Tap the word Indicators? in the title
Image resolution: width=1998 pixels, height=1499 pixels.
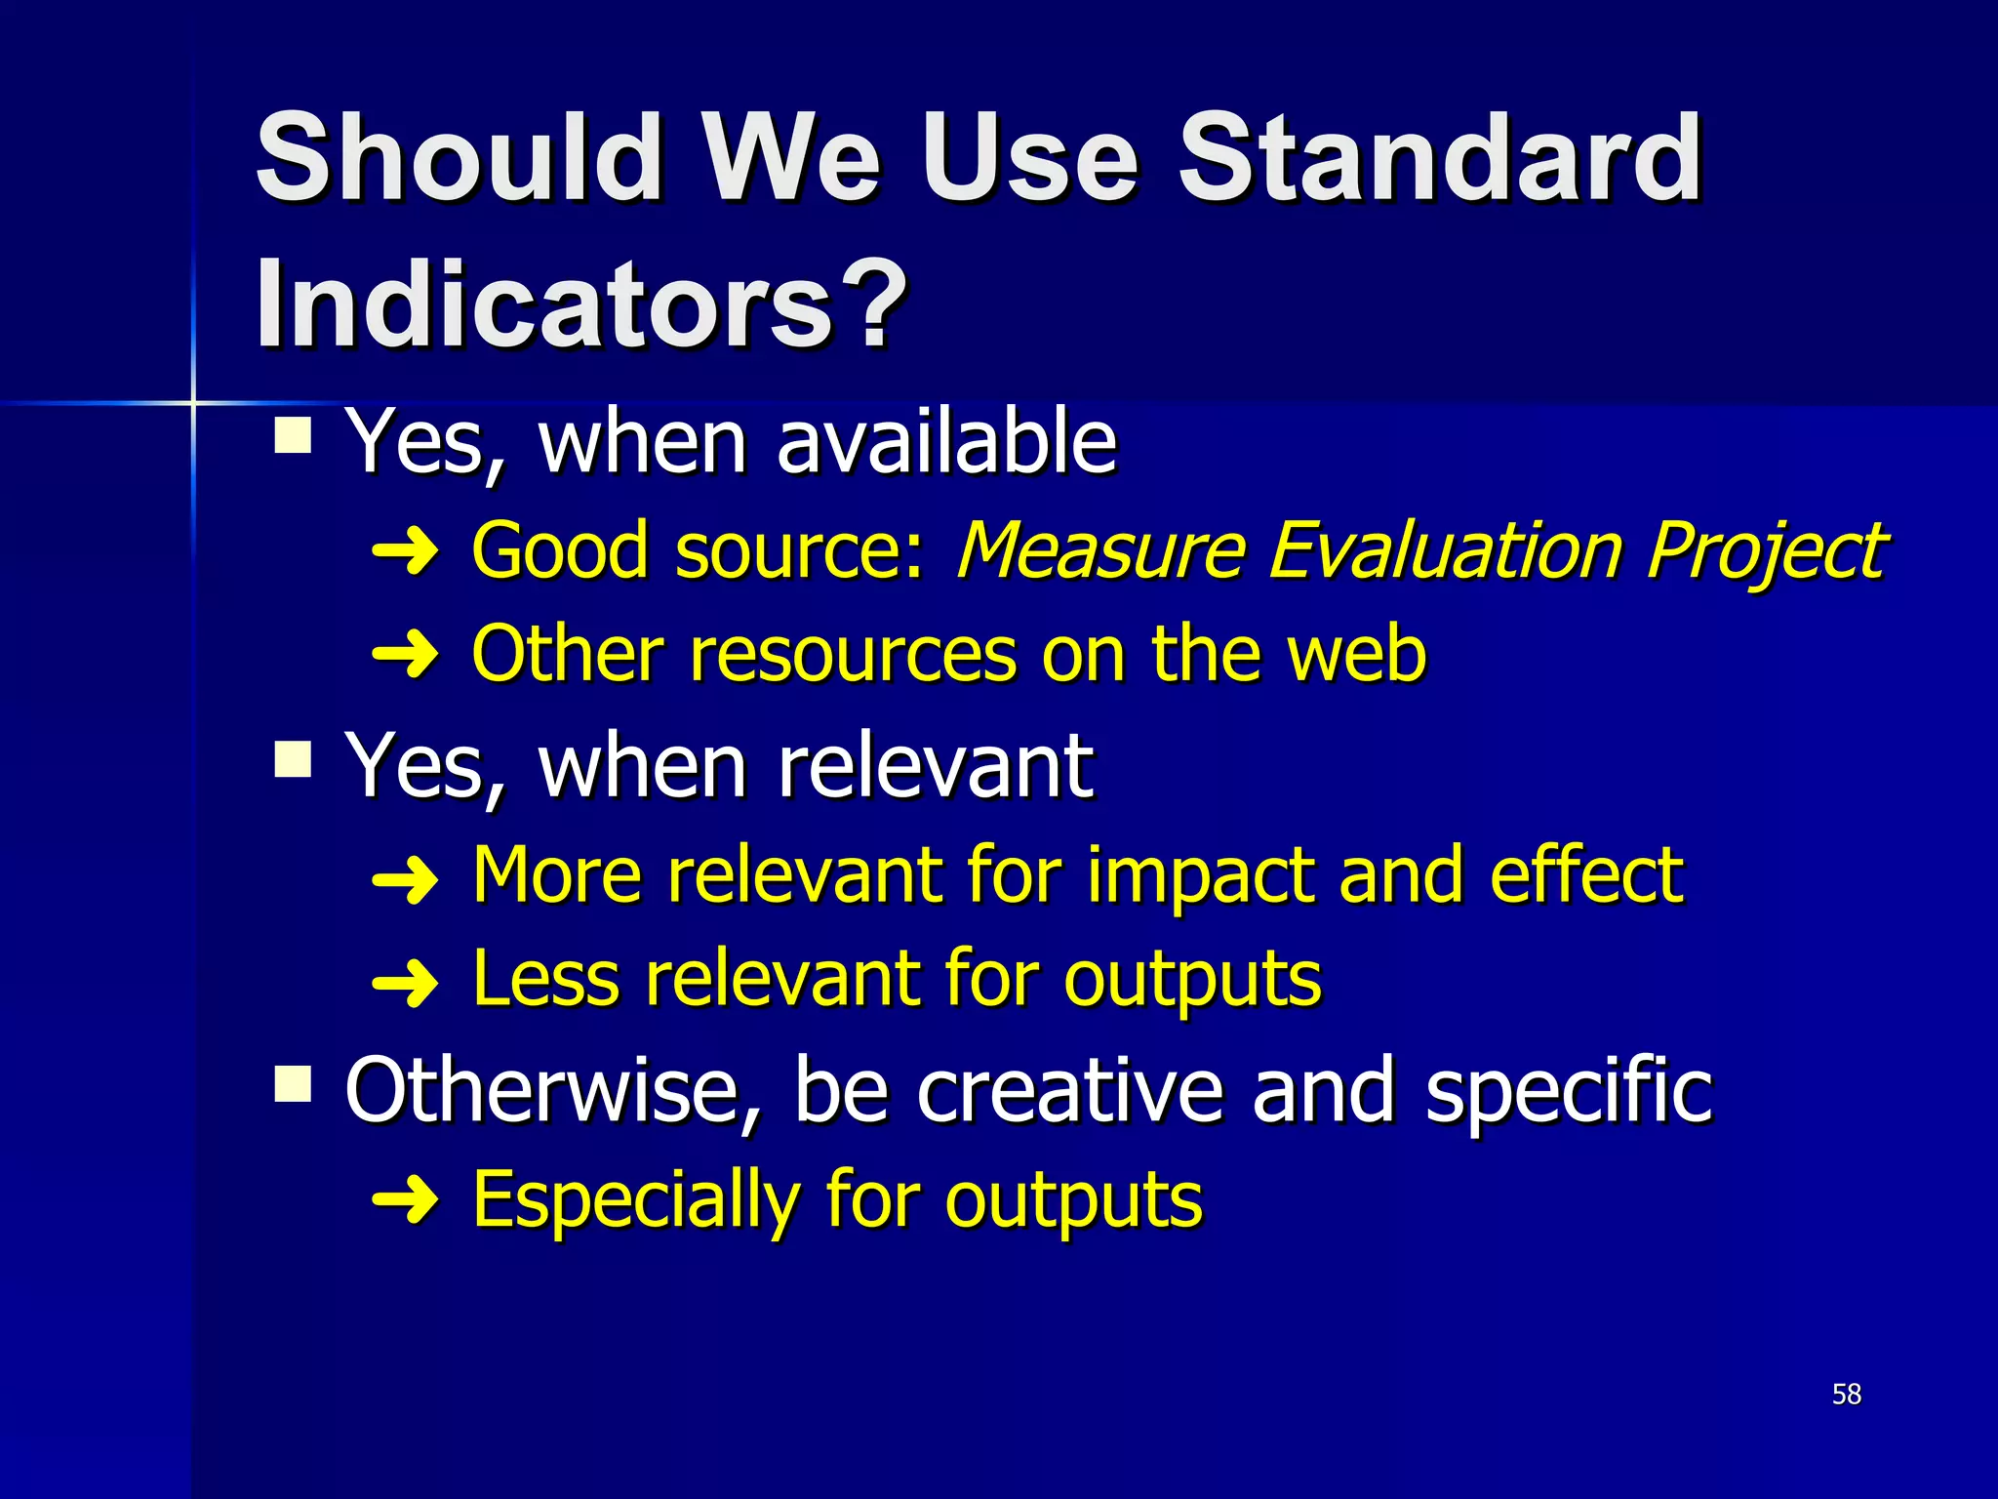(581, 304)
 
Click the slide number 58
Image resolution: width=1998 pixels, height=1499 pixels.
(1846, 1394)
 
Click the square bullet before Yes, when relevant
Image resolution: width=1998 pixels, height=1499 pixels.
(293, 758)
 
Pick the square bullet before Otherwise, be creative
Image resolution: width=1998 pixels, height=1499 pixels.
(293, 1082)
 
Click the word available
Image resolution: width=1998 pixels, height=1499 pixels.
(946, 442)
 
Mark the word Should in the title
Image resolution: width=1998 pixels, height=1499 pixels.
(459, 158)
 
